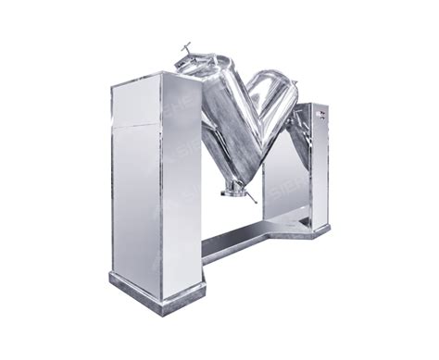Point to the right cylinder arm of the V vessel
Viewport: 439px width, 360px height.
coord(271,106)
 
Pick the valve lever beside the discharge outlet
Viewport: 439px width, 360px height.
coord(248,195)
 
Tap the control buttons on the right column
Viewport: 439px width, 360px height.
coord(320,114)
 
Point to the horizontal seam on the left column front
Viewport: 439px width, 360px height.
coord(137,126)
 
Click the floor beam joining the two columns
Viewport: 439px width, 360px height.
coord(241,239)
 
